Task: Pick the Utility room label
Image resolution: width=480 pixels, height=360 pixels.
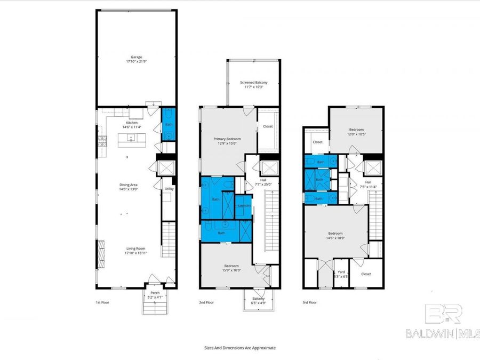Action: [x=169, y=189]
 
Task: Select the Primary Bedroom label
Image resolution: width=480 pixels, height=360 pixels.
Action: [x=227, y=140]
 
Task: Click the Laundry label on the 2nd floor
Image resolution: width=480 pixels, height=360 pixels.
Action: [x=244, y=205]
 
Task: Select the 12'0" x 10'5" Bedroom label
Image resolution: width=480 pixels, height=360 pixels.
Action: [x=356, y=132]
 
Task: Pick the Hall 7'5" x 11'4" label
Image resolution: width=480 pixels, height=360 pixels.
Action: [x=367, y=184]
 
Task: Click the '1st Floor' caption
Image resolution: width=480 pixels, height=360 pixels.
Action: [x=103, y=302]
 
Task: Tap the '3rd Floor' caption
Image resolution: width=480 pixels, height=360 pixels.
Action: [x=309, y=302]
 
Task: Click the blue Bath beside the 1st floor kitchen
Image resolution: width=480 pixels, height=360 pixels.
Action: [x=169, y=125]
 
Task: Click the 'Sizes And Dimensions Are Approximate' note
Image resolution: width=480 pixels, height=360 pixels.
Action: [x=240, y=347]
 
